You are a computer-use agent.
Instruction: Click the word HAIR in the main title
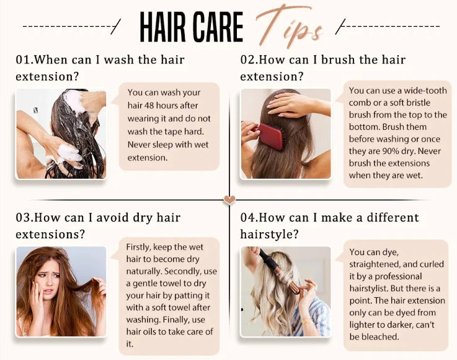(x=162, y=27)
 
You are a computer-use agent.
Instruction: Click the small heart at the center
(x=229, y=200)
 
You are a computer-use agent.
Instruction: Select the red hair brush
(x=270, y=136)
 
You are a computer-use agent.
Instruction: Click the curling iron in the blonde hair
(x=280, y=271)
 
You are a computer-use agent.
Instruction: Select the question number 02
(x=247, y=60)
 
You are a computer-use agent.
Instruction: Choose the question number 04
(x=247, y=218)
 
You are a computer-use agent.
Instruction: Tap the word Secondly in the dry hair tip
(x=183, y=271)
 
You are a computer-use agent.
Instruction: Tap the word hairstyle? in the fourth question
(x=269, y=234)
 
